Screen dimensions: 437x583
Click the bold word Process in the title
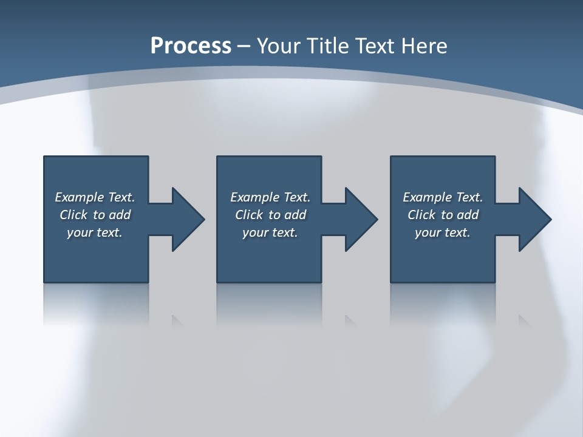click(x=191, y=46)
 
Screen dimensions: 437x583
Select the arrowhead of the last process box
click(x=534, y=219)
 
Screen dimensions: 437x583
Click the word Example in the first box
click(x=80, y=197)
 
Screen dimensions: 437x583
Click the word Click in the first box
click(x=73, y=215)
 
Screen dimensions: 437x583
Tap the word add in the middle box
click(x=295, y=215)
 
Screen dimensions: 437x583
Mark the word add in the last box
click(x=468, y=215)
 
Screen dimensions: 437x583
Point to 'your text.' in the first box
click(x=95, y=232)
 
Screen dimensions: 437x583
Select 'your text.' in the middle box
click(x=270, y=232)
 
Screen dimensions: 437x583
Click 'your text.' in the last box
click(x=443, y=232)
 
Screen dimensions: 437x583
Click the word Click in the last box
click(x=421, y=215)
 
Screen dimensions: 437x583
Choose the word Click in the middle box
click(x=249, y=215)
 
